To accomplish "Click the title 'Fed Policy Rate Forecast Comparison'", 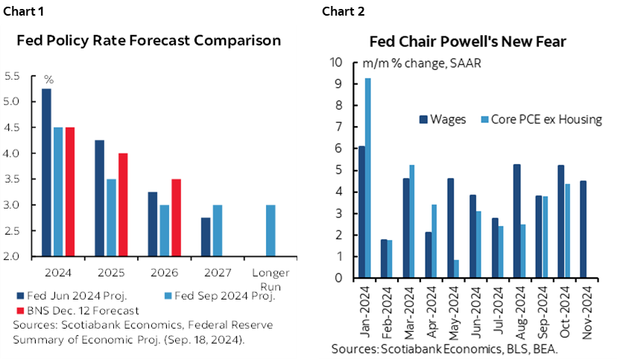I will (x=149, y=40).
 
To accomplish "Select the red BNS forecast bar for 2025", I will (x=124, y=205).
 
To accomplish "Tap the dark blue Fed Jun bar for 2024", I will (x=46, y=172).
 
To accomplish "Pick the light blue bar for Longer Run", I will (x=270, y=230).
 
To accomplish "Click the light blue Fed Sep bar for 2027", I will (x=218, y=230).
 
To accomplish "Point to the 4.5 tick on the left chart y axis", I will (x=12, y=127).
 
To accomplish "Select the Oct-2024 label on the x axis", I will (x=565, y=313).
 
